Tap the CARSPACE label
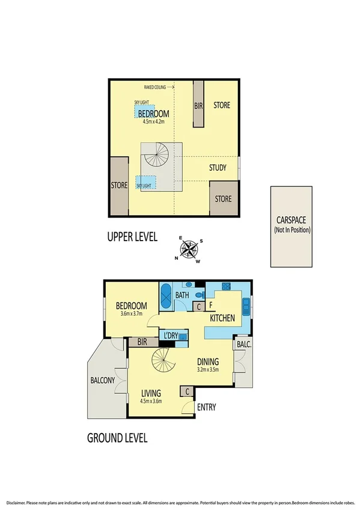(x=291, y=220)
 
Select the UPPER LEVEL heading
(x=132, y=237)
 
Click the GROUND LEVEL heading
(x=117, y=437)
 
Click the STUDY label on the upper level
(x=218, y=168)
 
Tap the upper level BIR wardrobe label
(x=198, y=105)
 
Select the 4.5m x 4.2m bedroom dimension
(x=153, y=121)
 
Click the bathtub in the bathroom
(x=165, y=296)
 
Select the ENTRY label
(x=206, y=407)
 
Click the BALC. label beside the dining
(x=243, y=344)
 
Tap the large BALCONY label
(x=103, y=380)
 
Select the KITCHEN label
(x=222, y=318)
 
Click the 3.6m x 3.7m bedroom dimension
(x=131, y=313)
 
